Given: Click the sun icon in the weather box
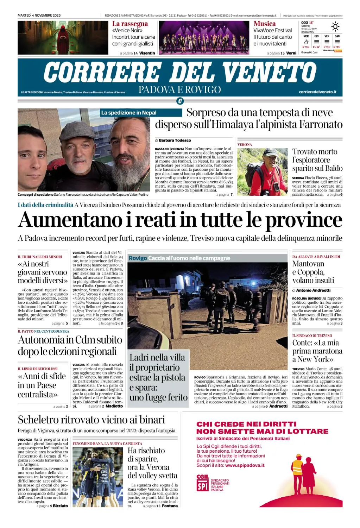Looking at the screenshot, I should click(x=335, y=27).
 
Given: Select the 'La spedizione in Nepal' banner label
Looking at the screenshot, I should click(x=129, y=113).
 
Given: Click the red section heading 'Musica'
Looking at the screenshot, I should click(x=265, y=24).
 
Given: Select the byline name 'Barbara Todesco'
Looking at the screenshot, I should click(x=175, y=140).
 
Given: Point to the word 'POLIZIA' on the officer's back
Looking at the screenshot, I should click(x=222, y=293).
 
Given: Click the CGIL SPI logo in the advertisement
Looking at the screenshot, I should click(x=203, y=483).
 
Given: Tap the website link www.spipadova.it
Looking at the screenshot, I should click(x=245, y=465).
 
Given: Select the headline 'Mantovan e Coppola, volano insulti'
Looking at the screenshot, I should click(x=313, y=272).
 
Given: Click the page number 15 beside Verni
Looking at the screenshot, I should click(x=283, y=53).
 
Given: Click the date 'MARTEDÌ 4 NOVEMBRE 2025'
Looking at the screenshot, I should click(x=39, y=15).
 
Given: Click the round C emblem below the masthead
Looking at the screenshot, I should click(x=180, y=101).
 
